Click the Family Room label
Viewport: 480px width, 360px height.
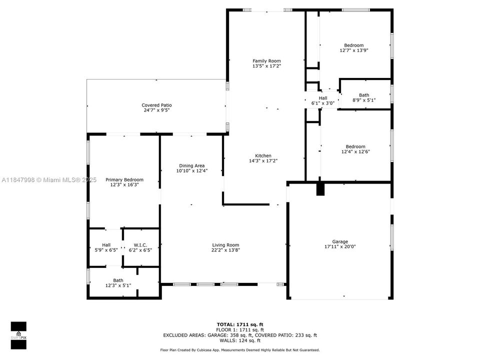coord(266,61)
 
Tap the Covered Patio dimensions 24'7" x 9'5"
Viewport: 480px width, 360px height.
coord(156,111)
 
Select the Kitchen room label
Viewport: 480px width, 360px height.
coord(263,155)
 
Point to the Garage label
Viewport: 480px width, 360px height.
coord(340,241)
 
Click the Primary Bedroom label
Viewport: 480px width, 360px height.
coord(124,179)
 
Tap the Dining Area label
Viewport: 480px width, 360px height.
coord(192,165)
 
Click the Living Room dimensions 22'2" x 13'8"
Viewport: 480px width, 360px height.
coord(225,250)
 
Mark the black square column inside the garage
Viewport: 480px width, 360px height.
coord(320,189)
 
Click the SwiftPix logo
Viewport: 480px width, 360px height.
coord(18,333)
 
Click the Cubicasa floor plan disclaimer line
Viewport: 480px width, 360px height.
coord(239,350)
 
